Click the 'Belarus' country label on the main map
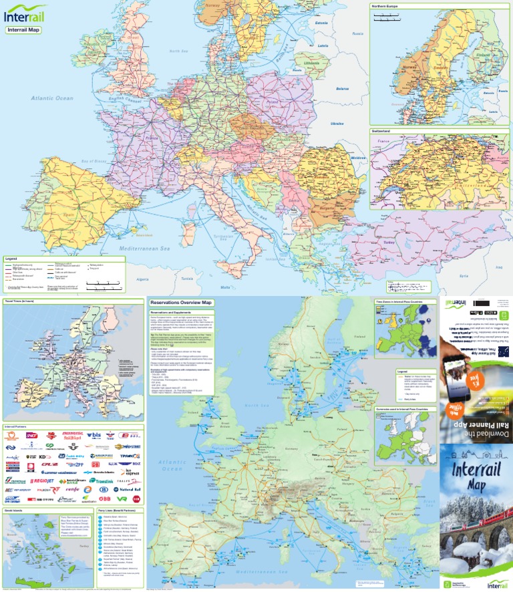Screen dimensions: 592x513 point(343,88)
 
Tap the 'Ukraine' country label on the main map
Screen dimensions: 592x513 point(337,123)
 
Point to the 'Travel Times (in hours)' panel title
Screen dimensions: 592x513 point(19,301)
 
